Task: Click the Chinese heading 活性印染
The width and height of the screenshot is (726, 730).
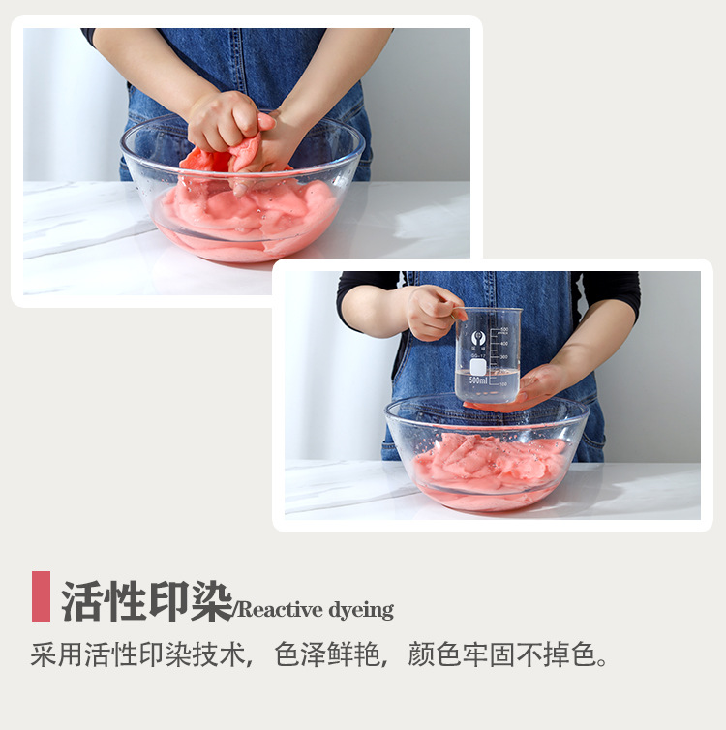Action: (146, 602)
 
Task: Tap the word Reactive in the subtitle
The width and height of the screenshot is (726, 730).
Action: (277, 610)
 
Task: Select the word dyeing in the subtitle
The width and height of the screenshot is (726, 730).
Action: (361, 610)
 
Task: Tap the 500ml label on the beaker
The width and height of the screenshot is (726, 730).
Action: (478, 380)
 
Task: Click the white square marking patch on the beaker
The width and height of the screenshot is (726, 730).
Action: (478, 366)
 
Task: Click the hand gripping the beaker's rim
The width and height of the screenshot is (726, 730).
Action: (433, 312)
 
